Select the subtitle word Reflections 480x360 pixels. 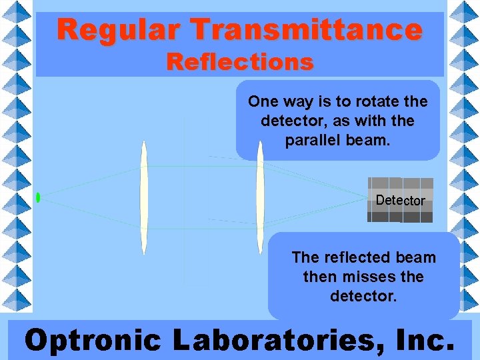click(240, 62)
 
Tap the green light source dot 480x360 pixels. click(39, 197)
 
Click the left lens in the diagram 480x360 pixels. click(143, 197)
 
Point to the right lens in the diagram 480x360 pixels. click(260, 197)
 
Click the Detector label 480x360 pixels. click(400, 200)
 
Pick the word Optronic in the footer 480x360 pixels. click(93, 339)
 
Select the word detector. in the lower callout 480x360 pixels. click(363, 295)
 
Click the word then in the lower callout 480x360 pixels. click(318, 276)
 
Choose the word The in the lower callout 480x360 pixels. click(306, 257)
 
